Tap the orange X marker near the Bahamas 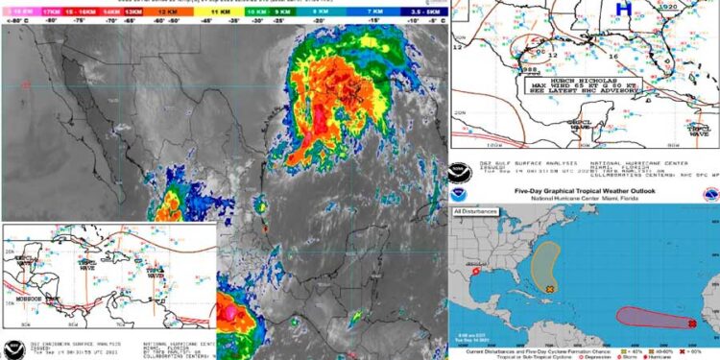tap(549, 287)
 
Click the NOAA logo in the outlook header tap(462, 195)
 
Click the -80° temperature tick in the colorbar tap(48, 18)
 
